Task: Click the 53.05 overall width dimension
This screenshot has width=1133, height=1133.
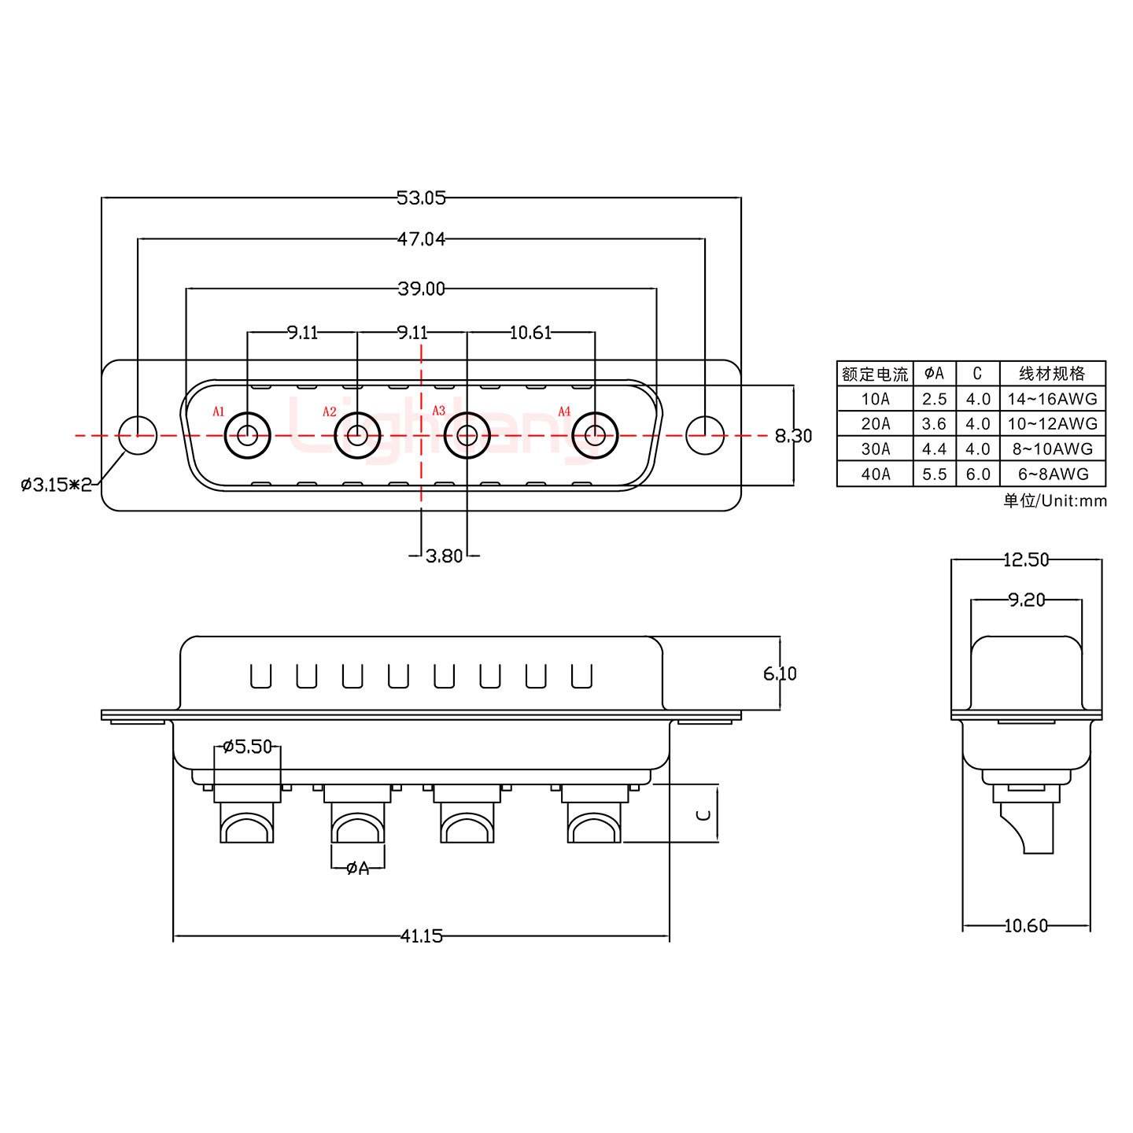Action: pos(421,197)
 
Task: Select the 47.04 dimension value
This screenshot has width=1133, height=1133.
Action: pos(421,238)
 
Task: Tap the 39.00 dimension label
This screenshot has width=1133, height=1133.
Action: pos(421,289)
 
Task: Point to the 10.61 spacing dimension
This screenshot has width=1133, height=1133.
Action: pos(530,333)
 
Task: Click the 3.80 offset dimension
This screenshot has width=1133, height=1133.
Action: pos(444,556)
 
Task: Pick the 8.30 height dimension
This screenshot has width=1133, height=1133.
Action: pos(793,435)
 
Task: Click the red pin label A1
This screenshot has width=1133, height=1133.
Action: pos(219,411)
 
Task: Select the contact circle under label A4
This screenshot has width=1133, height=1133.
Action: pos(595,435)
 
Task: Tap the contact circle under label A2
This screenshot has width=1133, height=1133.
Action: pos(357,435)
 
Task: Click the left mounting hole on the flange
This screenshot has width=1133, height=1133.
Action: pos(138,435)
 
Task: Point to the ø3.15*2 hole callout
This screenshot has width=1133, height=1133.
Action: pos(57,484)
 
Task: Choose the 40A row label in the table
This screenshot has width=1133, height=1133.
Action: pos(875,474)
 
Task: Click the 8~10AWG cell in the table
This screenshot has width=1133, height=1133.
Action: pos(1052,448)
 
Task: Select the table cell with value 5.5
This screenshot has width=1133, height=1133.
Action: pos(934,474)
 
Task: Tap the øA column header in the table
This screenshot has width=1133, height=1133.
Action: pos(934,373)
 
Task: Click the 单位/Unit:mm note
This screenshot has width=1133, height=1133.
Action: pos(1054,500)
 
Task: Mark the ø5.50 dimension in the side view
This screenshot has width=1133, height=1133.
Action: pos(247,746)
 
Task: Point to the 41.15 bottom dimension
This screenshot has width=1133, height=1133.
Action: pos(421,936)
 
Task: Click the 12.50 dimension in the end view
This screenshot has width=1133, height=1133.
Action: pos(1026,559)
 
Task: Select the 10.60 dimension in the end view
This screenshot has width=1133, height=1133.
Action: pos(1026,926)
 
